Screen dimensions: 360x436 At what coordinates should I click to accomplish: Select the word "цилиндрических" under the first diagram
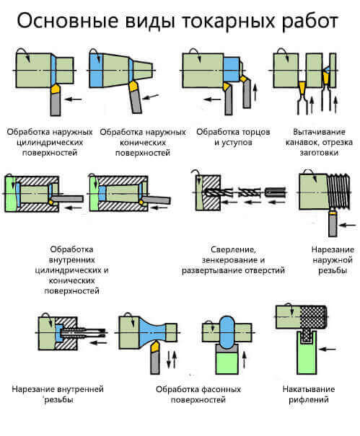50,143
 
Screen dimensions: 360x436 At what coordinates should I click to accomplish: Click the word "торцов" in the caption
253,132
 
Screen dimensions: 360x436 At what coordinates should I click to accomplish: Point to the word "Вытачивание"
319,132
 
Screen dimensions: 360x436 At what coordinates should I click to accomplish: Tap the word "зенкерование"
230,260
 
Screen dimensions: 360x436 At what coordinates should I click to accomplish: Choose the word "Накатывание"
309,389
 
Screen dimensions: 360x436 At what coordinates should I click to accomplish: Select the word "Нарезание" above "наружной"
333,249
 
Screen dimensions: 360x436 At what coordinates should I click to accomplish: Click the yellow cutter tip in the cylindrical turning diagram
56,89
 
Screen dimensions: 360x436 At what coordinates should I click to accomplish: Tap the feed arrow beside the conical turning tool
150,97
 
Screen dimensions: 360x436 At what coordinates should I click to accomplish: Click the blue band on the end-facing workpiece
231,69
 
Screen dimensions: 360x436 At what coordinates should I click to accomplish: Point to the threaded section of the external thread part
338,191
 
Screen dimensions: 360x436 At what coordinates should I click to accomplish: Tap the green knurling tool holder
307,352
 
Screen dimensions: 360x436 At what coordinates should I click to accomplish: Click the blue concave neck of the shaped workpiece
152,332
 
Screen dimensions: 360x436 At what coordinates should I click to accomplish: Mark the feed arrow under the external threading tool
348,226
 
